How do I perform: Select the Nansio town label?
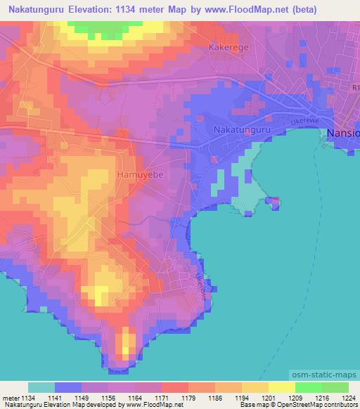tap(345, 133)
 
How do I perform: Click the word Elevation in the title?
tap(99, 10)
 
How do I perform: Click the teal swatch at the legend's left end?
tap(41, 387)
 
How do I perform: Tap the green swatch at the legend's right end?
tap(335, 387)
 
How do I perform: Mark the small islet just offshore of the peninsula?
tap(274, 202)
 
